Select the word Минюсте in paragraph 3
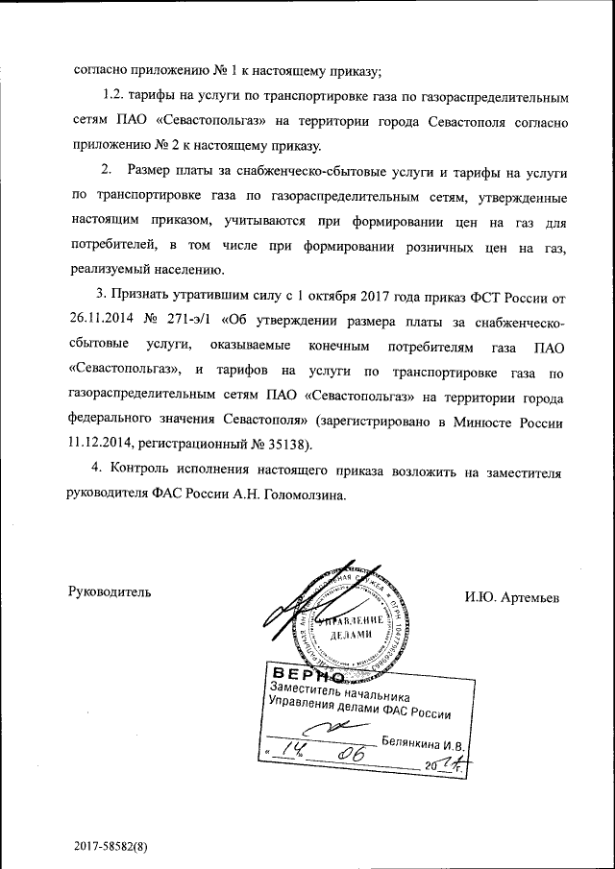point(485,422)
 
